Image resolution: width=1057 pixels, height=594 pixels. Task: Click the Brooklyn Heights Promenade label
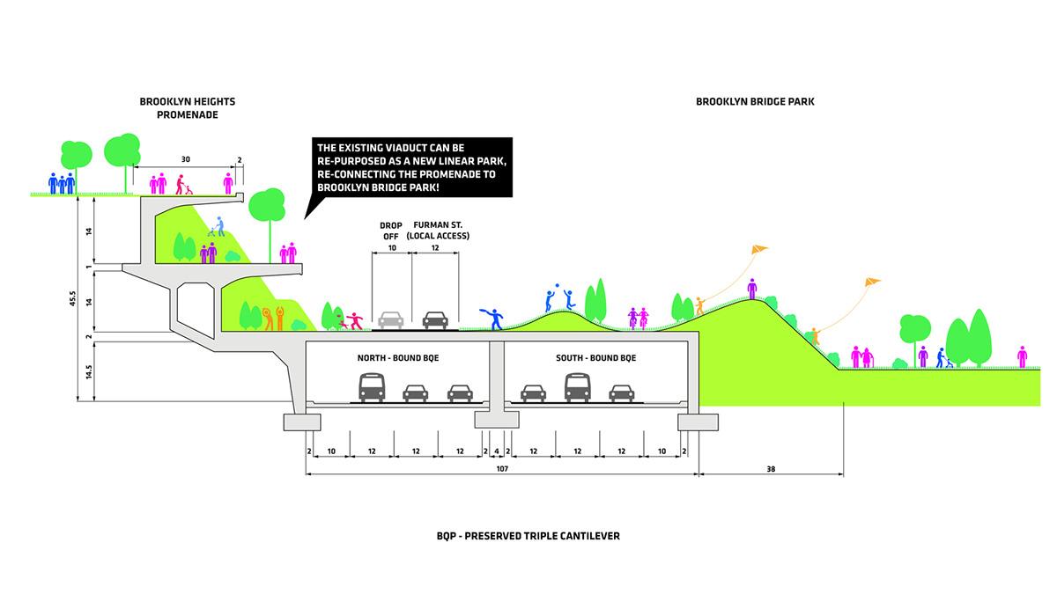pyautogui.click(x=187, y=107)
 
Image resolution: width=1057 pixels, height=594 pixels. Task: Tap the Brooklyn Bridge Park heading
pyautogui.click(x=755, y=102)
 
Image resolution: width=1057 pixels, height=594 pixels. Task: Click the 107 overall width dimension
pyautogui.click(x=502, y=469)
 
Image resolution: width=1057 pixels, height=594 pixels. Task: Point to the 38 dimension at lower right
pyautogui.click(x=772, y=469)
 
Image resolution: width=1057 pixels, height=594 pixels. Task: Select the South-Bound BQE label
pyautogui.click(x=595, y=358)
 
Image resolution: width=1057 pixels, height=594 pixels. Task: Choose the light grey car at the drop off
pyautogui.click(x=391, y=319)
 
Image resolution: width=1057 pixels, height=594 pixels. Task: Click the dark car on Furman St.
pyautogui.click(x=436, y=319)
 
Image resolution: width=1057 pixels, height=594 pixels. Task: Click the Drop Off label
pyautogui.click(x=390, y=231)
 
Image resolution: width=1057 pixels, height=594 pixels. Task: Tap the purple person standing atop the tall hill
pyautogui.click(x=752, y=288)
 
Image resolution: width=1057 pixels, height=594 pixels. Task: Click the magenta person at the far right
pyautogui.click(x=1022, y=356)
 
